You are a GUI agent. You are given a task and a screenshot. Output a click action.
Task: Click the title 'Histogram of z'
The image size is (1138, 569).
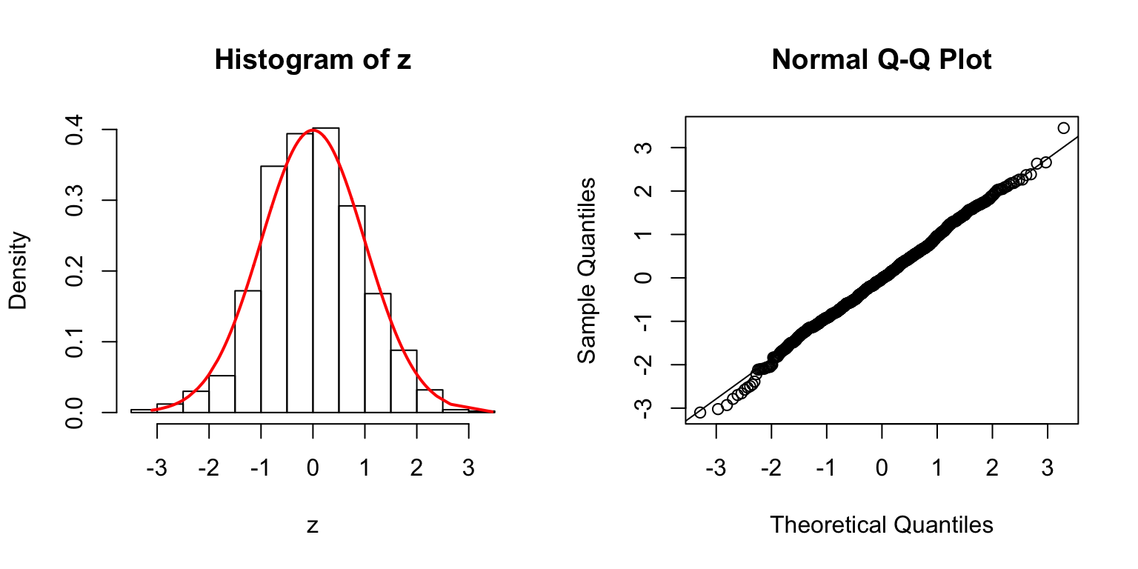313,60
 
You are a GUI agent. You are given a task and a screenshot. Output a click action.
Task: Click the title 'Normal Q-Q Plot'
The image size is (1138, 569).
882,60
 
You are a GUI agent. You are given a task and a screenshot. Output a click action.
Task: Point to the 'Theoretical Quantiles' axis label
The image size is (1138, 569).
882,525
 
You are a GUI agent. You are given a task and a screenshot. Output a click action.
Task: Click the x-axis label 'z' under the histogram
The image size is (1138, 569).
313,526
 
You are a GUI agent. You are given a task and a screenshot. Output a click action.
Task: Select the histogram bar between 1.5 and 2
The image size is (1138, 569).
404,381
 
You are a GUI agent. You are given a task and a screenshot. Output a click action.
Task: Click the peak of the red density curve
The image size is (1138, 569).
313,130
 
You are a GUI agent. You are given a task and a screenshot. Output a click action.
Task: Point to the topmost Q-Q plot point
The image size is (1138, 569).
1064,128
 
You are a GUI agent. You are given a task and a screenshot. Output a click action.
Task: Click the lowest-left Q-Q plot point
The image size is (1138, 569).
700,412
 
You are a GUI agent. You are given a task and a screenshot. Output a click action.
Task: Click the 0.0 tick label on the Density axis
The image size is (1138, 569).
75,412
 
